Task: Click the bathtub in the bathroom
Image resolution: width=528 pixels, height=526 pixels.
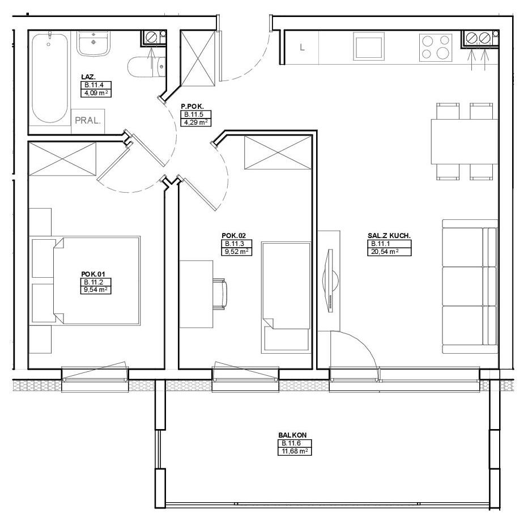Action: pyautogui.click(x=50, y=78)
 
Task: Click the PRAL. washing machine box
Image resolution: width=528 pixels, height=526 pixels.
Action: pyautogui.click(x=88, y=121)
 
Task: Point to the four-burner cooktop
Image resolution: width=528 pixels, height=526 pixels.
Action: pyautogui.click(x=436, y=48)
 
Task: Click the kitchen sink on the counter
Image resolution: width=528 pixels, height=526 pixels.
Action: pyautogui.click(x=369, y=46)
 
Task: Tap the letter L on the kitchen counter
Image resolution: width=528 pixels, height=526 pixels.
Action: pyautogui.click(x=302, y=48)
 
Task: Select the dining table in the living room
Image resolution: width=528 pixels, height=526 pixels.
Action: pyautogui.click(x=465, y=141)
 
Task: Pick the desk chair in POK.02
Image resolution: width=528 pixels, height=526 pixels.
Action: pyautogui.click(x=220, y=294)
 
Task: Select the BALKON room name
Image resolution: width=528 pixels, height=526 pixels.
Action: pyautogui.click(x=292, y=435)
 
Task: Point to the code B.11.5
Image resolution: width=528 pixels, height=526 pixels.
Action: pyautogui.click(x=195, y=114)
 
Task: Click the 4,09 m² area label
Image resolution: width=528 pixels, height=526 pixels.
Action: pyautogui.click(x=96, y=93)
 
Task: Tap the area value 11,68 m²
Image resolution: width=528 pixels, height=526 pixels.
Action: pyautogui.click(x=295, y=451)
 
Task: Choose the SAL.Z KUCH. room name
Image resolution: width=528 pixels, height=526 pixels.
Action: pyautogui.click(x=389, y=236)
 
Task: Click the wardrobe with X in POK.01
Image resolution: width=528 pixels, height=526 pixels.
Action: pyautogui.click(x=63, y=159)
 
